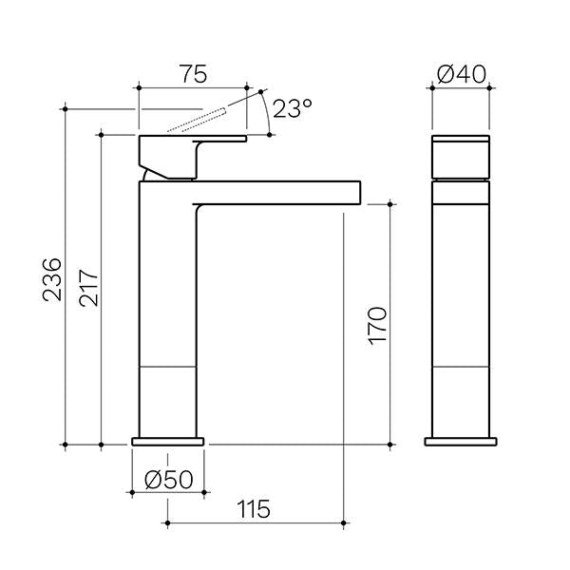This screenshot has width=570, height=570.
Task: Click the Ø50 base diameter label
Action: [x=167, y=480]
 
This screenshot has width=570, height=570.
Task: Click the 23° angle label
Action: [x=291, y=109]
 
